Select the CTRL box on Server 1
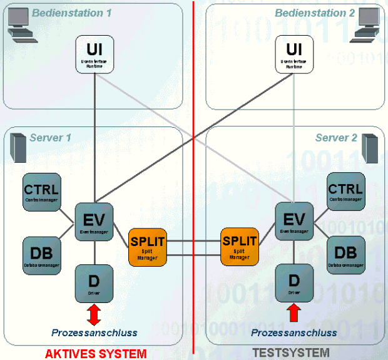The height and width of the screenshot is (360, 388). coord(41,190)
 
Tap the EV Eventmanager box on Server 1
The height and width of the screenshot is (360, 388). coord(94,220)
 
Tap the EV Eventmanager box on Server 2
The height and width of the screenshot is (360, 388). coord(294,220)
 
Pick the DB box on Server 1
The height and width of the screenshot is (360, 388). coord(41,254)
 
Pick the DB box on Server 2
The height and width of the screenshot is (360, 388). coord(345,254)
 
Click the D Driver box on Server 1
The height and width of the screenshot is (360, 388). coord(94,281)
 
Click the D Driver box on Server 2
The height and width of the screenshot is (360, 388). coord(294,281)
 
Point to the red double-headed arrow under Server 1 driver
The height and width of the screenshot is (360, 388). coord(94,314)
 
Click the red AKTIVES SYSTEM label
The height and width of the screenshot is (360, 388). coord(96,354)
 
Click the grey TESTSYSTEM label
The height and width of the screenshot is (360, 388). coord(290,353)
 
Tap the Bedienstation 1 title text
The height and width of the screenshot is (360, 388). coord(71,13)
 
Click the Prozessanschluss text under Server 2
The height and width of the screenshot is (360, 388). coord(294,333)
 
